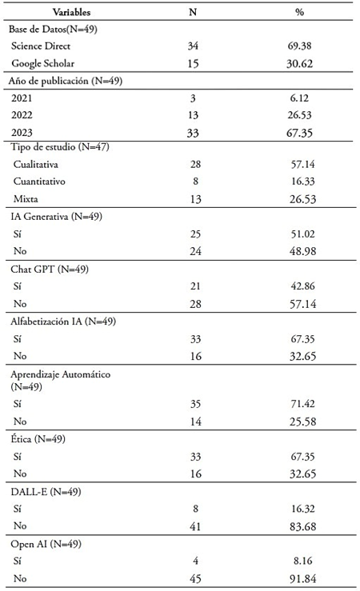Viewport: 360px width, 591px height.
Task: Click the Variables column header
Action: pyautogui.click(x=71, y=12)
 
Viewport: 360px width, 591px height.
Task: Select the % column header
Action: pyautogui.click(x=299, y=12)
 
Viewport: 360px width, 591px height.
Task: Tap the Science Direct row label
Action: pyautogui.click(x=41, y=46)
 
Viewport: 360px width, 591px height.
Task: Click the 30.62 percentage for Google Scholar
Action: pyautogui.click(x=299, y=63)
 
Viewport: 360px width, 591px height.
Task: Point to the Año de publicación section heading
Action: pyautogui.click(x=66, y=81)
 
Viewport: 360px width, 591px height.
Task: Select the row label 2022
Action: pyautogui.click(x=22, y=115)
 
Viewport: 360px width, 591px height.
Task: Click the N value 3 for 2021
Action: pyautogui.click(x=193, y=98)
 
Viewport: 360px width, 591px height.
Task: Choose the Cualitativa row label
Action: pyautogui.click(x=36, y=164)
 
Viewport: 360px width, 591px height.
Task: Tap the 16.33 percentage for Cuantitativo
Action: pyautogui.click(x=302, y=182)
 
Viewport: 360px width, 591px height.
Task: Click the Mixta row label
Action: pyautogui.click(x=26, y=198)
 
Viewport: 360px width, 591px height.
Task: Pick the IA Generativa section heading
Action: pyautogui.click(x=57, y=217)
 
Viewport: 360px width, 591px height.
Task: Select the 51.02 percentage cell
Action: pyautogui.click(x=302, y=234)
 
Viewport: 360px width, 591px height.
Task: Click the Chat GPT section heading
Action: pyautogui.click(x=50, y=270)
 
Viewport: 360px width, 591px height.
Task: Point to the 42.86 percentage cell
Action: pyautogui.click(x=302, y=286)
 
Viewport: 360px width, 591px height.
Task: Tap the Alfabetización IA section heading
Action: pyautogui.click(x=63, y=321)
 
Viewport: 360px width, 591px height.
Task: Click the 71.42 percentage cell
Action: pyautogui.click(x=302, y=404)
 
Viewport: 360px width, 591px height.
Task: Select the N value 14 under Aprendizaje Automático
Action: pyautogui.click(x=195, y=421)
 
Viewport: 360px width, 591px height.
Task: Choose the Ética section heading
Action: pyautogui.click(x=38, y=439)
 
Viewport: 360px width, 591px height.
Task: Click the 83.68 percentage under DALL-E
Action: pyautogui.click(x=302, y=526)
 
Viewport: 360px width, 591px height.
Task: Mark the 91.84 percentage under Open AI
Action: pyautogui.click(x=302, y=578)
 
